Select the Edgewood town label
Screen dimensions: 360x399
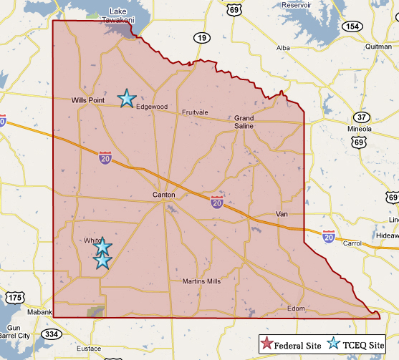[151, 107]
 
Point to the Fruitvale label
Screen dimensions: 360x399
[195, 112]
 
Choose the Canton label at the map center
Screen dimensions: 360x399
[164, 195]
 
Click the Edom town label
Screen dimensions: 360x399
[295, 308]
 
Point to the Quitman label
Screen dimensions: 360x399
[378, 47]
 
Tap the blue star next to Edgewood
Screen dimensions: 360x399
[127, 98]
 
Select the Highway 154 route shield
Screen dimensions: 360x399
[351, 26]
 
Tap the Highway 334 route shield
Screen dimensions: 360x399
[51, 334]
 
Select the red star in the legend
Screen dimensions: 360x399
[267, 344]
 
